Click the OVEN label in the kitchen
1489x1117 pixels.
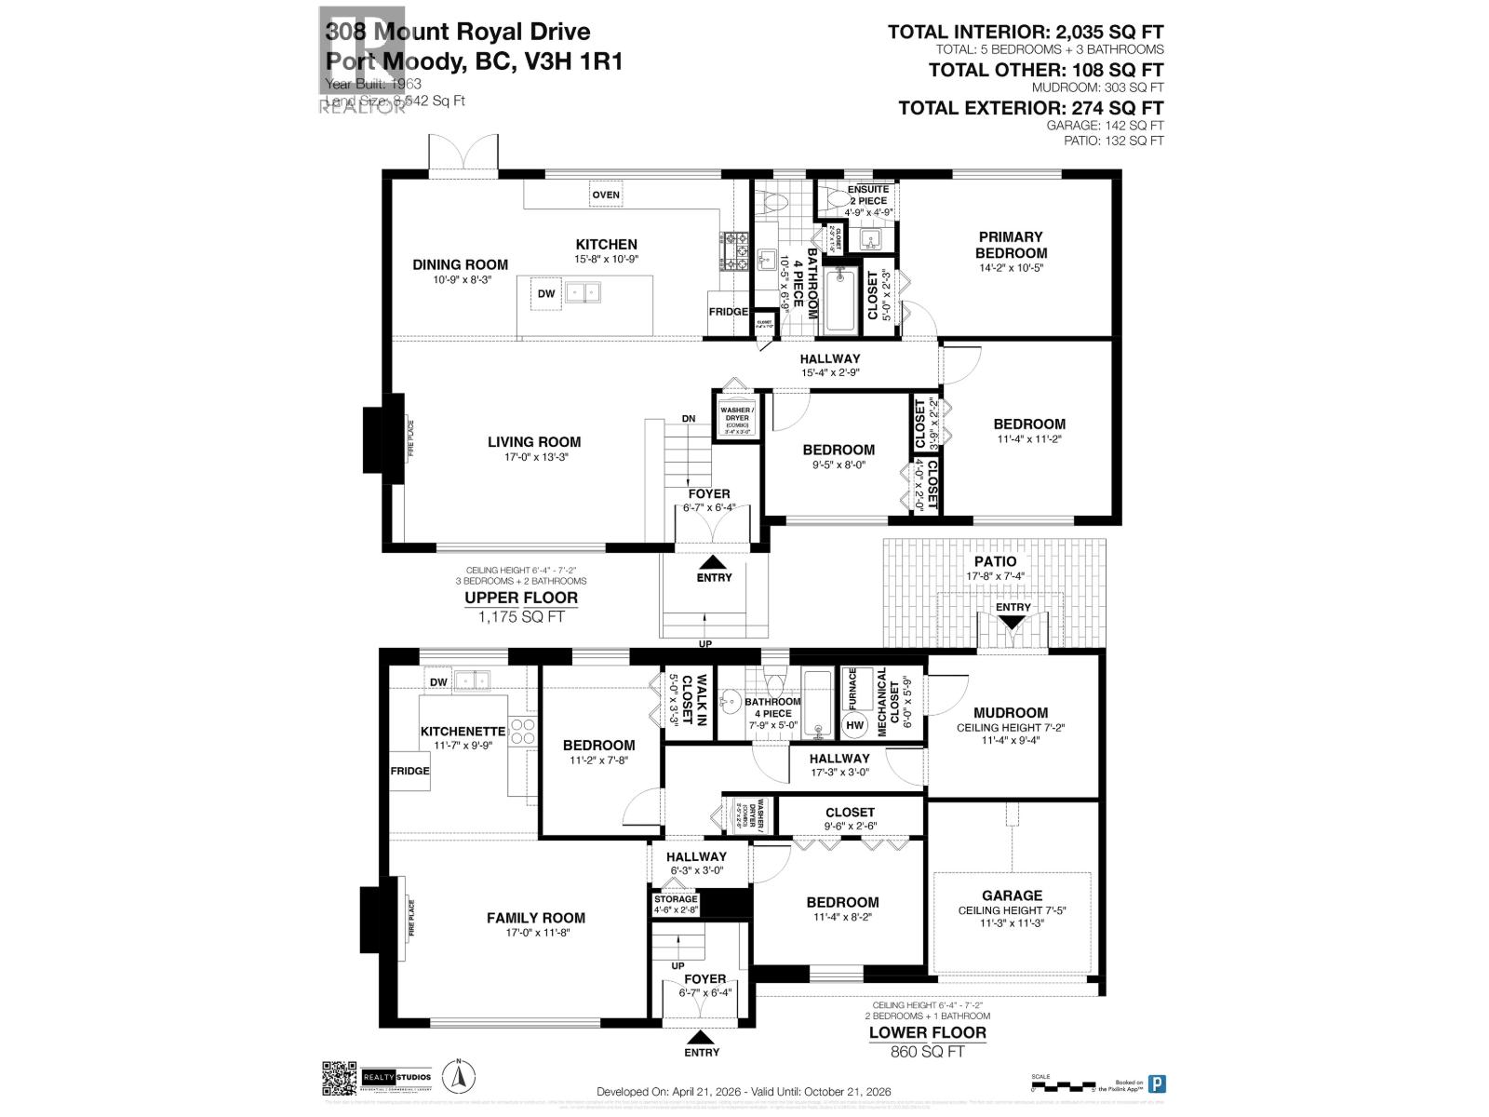[x=606, y=195]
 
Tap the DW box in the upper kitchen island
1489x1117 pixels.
[x=546, y=293]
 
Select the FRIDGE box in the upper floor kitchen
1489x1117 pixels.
[x=728, y=312]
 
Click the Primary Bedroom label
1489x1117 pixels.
[x=1011, y=245]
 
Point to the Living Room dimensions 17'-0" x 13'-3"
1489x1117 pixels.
[x=533, y=459]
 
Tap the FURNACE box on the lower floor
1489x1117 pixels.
[x=850, y=690]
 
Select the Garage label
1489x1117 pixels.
[x=1012, y=895]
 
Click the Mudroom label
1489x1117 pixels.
[x=1011, y=713]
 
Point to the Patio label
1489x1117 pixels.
[x=995, y=561]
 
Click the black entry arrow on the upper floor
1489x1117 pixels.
[x=714, y=562]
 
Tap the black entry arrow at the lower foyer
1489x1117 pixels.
[x=701, y=1037]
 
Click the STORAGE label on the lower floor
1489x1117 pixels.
[x=675, y=899]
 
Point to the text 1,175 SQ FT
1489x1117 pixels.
[x=522, y=616]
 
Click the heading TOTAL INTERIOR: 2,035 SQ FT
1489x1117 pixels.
[x=1025, y=33]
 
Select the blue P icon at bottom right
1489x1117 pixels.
[x=1157, y=1083]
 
